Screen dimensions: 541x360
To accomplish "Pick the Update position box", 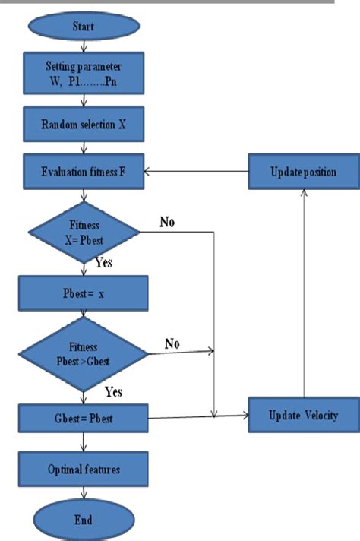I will [x=303, y=172].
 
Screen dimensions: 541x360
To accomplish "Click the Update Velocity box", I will [x=303, y=416].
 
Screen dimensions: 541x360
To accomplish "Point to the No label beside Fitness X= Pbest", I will [x=169, y=222].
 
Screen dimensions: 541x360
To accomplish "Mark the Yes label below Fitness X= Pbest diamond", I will [x=105, y=263].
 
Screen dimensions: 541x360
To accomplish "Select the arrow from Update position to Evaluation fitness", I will [x=197, y=172].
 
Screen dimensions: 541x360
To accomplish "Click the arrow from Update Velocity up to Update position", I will [x=304, y=296].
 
